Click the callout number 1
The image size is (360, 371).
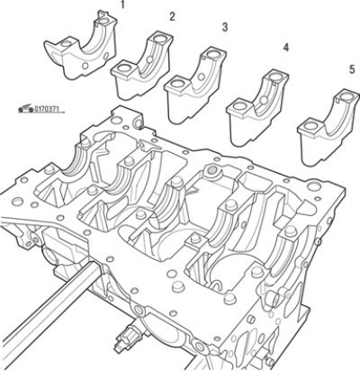[x=122, y=5]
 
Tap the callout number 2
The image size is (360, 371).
[x=172, y=17]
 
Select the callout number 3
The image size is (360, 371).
[x=225, y=27]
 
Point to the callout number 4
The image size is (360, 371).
[x=285, y=48]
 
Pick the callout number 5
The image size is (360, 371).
[x=352, y=69]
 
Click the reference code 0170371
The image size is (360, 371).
[x=45, y=109]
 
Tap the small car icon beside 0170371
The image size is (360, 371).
[x=25, y=108]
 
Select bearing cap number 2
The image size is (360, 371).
[x=142, y=66]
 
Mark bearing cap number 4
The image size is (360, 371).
[x=257, y=108]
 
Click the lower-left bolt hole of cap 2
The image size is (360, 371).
[x=122, y=68]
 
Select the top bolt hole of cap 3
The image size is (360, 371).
[x=213, y=54]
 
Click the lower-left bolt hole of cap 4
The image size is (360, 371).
[x=239, y=105]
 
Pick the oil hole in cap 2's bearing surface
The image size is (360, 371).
[x=149, y=59]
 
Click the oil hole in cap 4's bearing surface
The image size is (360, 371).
[x=264, y=100]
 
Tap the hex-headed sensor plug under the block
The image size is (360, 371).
[x=128, y=337]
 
